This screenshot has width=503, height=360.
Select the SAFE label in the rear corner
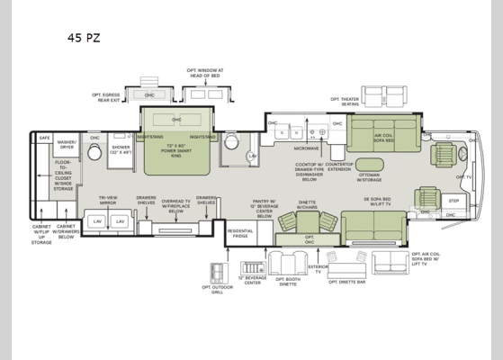click(44, 138)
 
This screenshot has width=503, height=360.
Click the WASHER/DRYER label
click(67, 143)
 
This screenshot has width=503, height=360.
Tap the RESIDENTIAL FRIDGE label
click(240, 233)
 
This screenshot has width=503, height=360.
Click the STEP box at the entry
click(454, 202)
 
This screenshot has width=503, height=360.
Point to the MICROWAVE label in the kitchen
click(306, 148)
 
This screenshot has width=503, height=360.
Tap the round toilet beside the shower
click(94, 153)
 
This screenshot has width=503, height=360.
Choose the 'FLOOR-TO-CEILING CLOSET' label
click(64, 175)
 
